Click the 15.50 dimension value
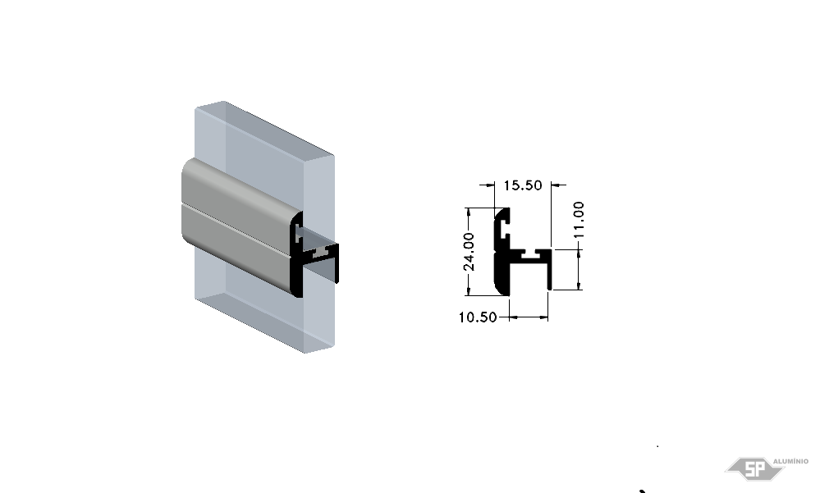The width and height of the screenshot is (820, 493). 522,185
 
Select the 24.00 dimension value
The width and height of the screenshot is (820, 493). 469,252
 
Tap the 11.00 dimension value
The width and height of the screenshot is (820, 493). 579,220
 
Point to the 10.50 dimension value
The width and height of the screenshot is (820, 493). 478,317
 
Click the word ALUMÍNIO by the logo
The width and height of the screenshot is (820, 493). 790,461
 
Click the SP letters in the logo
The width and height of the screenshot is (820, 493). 754,469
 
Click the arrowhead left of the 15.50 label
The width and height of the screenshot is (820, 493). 490,185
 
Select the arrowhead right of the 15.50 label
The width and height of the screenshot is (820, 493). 556,185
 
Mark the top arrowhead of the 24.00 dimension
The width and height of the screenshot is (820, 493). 468,212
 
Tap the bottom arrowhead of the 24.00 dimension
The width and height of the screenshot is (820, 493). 468,290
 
